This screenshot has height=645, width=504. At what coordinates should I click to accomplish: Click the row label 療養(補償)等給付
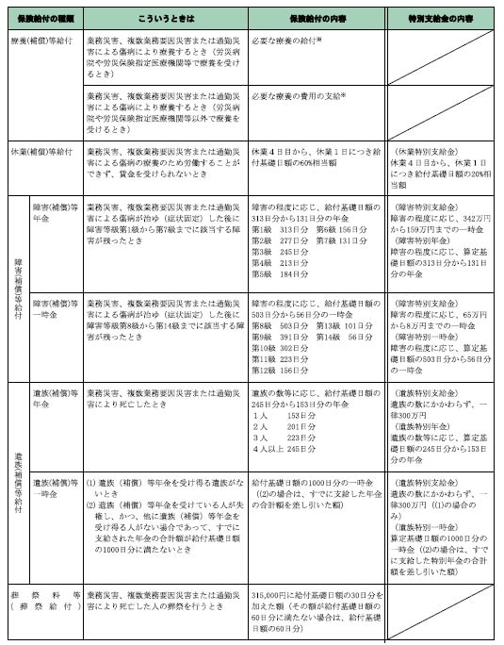[39, 42]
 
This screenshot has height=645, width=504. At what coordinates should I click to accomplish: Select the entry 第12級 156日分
[273, 369]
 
